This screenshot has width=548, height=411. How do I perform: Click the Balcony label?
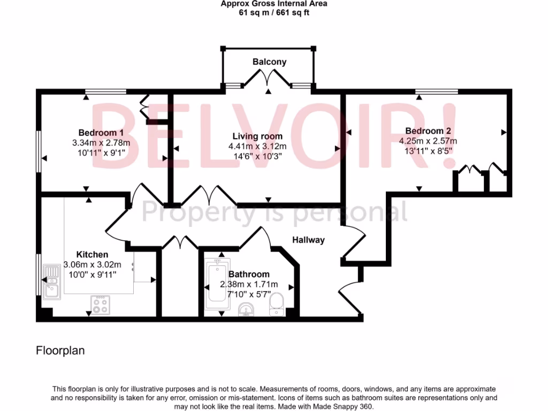269,62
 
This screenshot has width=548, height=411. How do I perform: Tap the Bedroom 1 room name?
101,133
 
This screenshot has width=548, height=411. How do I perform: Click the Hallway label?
308,240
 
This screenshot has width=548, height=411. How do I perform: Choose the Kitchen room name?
92,255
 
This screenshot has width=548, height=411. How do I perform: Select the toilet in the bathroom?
277,302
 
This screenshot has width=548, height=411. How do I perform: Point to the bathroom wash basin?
247,310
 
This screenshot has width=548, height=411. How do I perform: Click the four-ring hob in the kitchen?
100,305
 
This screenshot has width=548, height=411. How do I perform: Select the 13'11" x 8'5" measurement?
428,151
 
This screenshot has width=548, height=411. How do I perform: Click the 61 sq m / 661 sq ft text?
273,13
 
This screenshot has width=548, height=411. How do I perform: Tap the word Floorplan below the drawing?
60,351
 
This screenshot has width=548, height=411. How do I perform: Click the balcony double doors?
268,80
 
